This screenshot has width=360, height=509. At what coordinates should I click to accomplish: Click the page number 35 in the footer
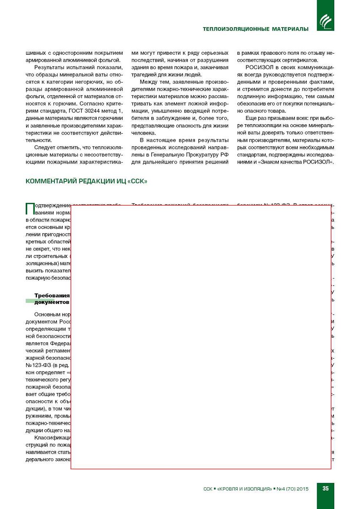click(x=325, y=488)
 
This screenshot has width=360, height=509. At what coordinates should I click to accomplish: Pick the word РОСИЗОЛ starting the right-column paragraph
click(x=259, y=67)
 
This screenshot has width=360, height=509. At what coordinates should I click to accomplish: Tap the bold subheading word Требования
click(x=52, y=295)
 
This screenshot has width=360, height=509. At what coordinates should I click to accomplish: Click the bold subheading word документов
click(x=52, y=302)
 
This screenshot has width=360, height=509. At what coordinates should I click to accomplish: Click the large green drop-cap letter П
click(x=30, y=209)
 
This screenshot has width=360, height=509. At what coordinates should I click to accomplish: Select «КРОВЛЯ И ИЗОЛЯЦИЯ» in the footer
click(x=244, y=489)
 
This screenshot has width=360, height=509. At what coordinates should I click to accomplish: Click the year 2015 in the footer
click(x=302, y=489)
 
